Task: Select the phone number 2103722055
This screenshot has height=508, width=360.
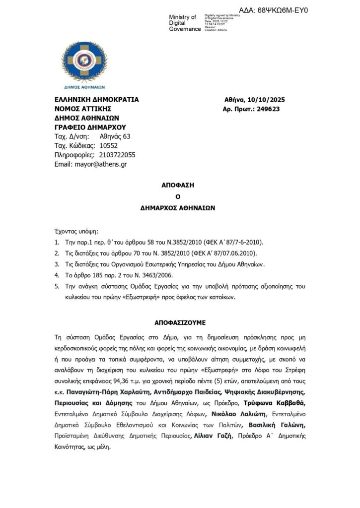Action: [x=117, y=155]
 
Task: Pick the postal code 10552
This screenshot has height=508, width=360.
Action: [x=109, y=146]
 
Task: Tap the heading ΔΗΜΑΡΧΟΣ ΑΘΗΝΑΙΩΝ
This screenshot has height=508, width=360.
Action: [x=180, y=208]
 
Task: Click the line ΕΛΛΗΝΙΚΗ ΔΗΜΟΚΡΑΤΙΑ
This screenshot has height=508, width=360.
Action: [x=97, y=100]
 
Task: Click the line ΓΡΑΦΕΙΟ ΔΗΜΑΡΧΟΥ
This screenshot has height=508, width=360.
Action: [x=90, y=127]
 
